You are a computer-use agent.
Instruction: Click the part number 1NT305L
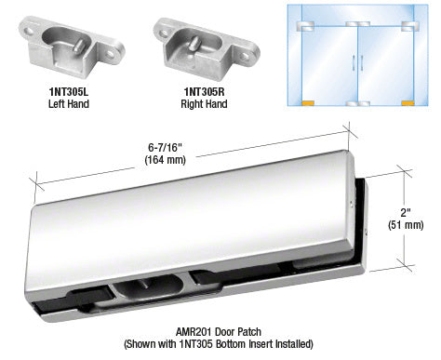69,92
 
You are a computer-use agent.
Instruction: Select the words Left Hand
69,103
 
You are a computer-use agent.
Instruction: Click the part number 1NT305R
204,92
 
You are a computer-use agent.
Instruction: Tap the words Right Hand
204,103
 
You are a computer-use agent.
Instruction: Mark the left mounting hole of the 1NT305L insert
30,31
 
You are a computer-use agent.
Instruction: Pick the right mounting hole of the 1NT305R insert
246,56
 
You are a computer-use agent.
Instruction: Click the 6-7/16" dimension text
165,148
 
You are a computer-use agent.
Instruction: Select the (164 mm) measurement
165,160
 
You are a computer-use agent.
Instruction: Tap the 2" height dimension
406,213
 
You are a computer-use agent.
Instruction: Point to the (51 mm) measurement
406,225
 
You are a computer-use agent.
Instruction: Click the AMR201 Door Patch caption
219,332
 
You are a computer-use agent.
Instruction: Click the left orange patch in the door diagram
308,103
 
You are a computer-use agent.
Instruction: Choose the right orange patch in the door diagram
408,103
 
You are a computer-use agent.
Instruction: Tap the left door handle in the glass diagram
354,63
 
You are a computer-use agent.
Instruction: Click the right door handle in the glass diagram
362,63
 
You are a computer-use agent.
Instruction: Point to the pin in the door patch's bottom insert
143,283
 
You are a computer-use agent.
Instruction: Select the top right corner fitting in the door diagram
409,26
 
